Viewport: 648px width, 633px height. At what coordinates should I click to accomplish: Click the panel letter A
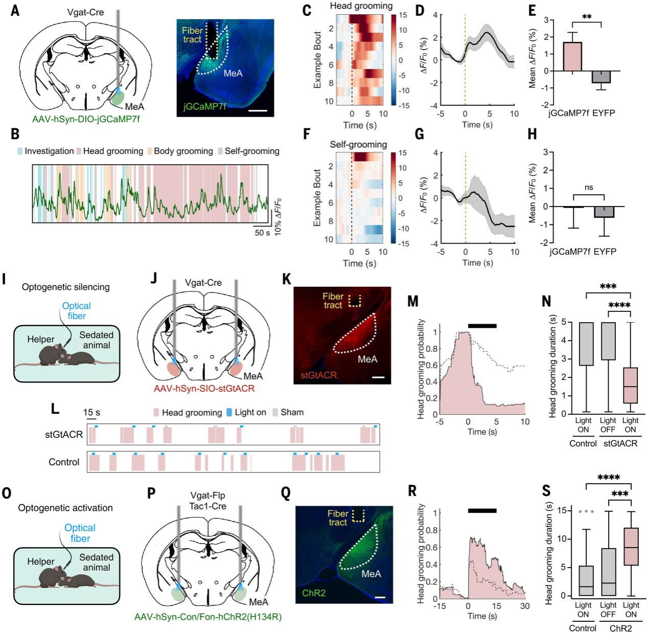click(x=15, y=11)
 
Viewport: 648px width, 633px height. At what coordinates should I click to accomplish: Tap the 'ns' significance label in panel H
click(x=588, y=187)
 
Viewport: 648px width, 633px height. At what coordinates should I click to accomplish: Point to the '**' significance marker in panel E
click(x=587, y=16)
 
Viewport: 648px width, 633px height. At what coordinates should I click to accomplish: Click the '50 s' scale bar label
click(x=262, y=233)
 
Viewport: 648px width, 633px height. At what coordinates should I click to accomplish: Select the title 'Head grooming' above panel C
click(x=361, y=6)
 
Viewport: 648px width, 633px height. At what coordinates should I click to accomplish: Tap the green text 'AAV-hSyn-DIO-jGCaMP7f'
click(x=86, y=119)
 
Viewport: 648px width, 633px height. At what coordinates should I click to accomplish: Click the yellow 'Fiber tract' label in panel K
click(x=333, y=301)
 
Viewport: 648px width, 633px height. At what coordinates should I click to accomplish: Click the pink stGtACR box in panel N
click(x=630, y=386)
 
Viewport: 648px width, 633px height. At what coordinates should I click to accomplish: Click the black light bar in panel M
click(x=482, y=325)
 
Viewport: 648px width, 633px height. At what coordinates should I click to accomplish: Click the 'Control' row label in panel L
click(x=64, y=462)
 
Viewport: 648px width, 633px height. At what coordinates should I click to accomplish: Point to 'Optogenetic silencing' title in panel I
click(x=65, y=287)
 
